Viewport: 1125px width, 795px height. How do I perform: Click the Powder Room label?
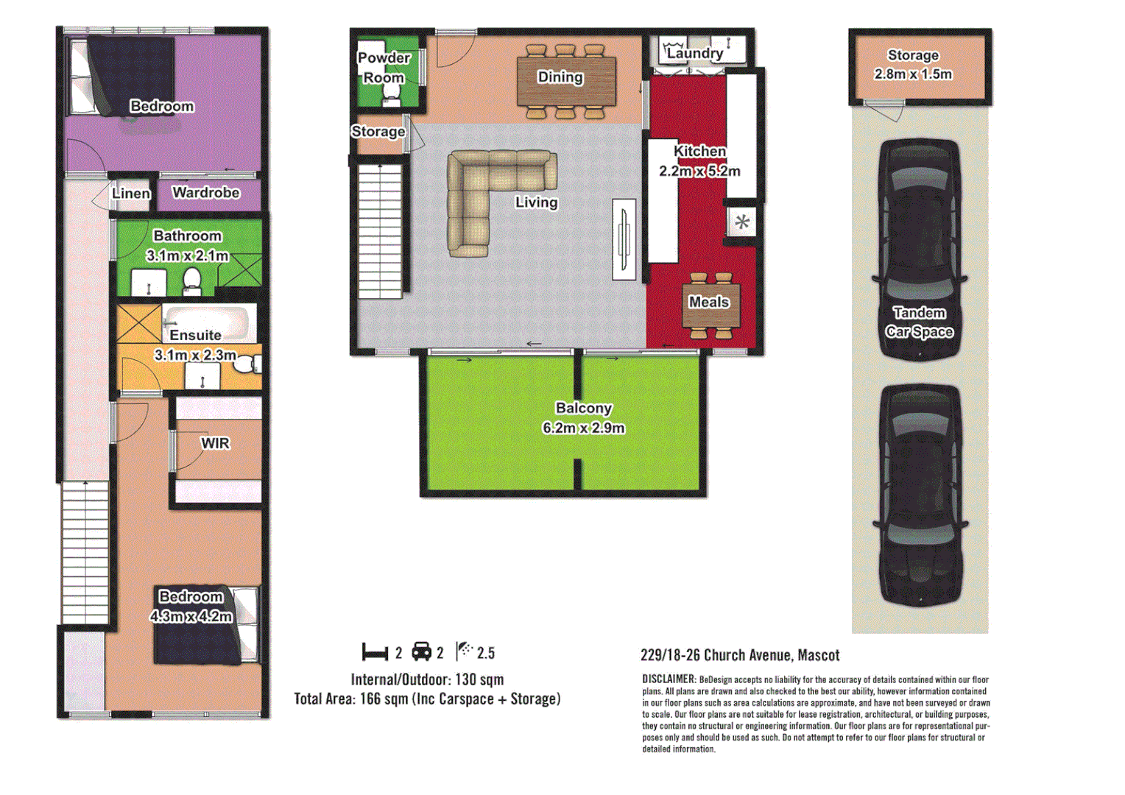coord(384,68)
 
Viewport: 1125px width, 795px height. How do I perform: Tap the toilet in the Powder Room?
coord(391,94)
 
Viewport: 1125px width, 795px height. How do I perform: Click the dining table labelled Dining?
coord(565,81)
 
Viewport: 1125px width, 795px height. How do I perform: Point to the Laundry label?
coord(694,53)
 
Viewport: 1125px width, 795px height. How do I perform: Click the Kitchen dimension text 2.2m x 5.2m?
coord(699,171)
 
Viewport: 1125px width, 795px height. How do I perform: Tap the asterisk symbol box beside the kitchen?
coord(742,222)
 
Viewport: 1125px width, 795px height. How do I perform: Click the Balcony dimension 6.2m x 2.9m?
coord(583,428)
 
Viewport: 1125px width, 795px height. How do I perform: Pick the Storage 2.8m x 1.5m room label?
coord(913,65)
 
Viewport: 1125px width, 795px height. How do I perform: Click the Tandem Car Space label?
coord(919,322)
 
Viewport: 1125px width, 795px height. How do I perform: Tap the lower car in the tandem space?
coord(920,495)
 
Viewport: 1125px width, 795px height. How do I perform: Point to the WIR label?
coord(215,443)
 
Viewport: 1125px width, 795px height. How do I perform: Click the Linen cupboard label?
coord(131,194)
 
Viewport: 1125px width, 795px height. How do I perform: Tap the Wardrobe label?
coord(206,193)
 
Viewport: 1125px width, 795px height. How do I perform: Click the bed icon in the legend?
coord(375,653)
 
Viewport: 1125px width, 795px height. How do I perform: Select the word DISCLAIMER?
coord(669,679)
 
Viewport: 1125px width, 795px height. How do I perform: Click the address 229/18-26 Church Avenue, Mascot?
coord(740,655)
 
